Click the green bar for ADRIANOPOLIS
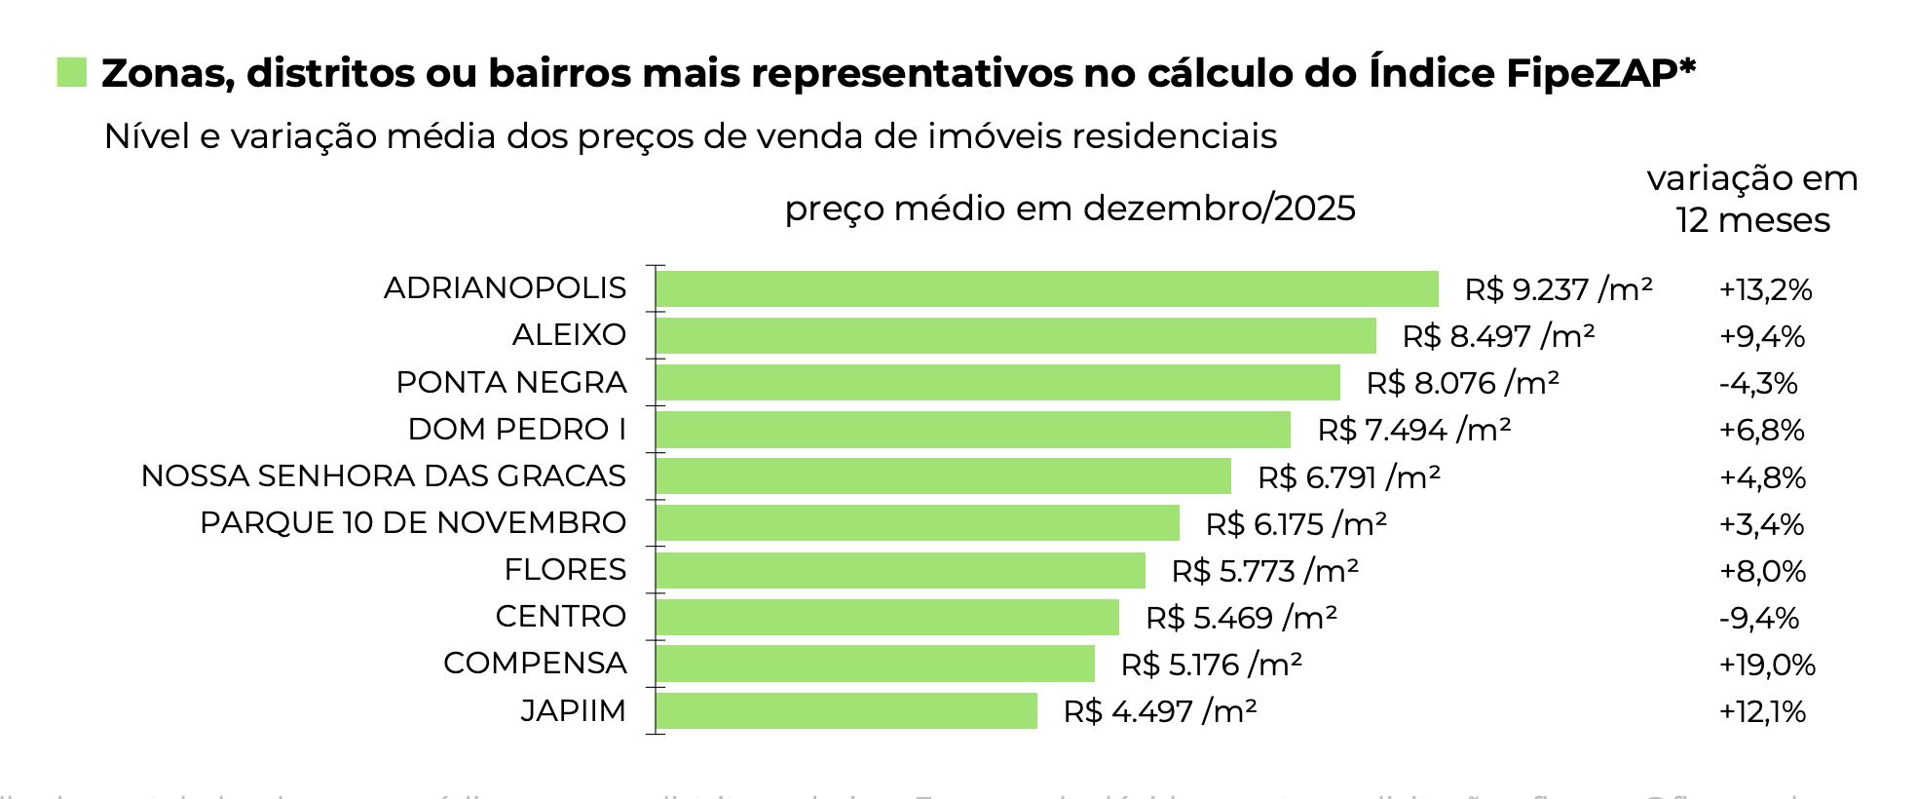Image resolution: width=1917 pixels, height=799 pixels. click(x=1047, y=289)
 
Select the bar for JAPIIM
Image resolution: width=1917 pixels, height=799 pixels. click(x=846, y=711)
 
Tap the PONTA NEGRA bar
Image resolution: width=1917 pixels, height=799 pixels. click(x=997, y=383)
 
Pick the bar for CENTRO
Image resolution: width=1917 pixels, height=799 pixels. click(x=887, y=618)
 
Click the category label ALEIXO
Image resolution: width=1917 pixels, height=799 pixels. click(x=569, y=335)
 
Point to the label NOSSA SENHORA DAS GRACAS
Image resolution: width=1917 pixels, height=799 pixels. click(x=383, y=476)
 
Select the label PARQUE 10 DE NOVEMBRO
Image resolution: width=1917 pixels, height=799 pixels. click(x=412, y=523)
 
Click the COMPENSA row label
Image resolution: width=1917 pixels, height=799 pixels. click(x=535, y=664)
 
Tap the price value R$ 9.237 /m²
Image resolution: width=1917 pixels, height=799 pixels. click(x=1558, y=289)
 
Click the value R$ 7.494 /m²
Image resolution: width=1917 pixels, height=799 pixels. click(x=1413, y=430)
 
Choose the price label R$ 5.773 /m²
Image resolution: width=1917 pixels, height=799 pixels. click(x=1264, y=571)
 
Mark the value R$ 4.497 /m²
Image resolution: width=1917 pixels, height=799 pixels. click(x=1159, y=711)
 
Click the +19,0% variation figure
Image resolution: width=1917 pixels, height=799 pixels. click(x=1766, y=665)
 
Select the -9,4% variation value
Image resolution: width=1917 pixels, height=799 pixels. click(x=1758, y=618)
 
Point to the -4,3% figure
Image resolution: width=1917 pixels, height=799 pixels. click(x=1757, y=383)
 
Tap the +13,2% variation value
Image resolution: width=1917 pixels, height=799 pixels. click(x=1765, y=289)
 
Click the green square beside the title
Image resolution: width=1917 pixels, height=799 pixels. click(x=72, y=73)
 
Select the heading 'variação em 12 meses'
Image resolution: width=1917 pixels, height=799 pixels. click(x=1752, y=200)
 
